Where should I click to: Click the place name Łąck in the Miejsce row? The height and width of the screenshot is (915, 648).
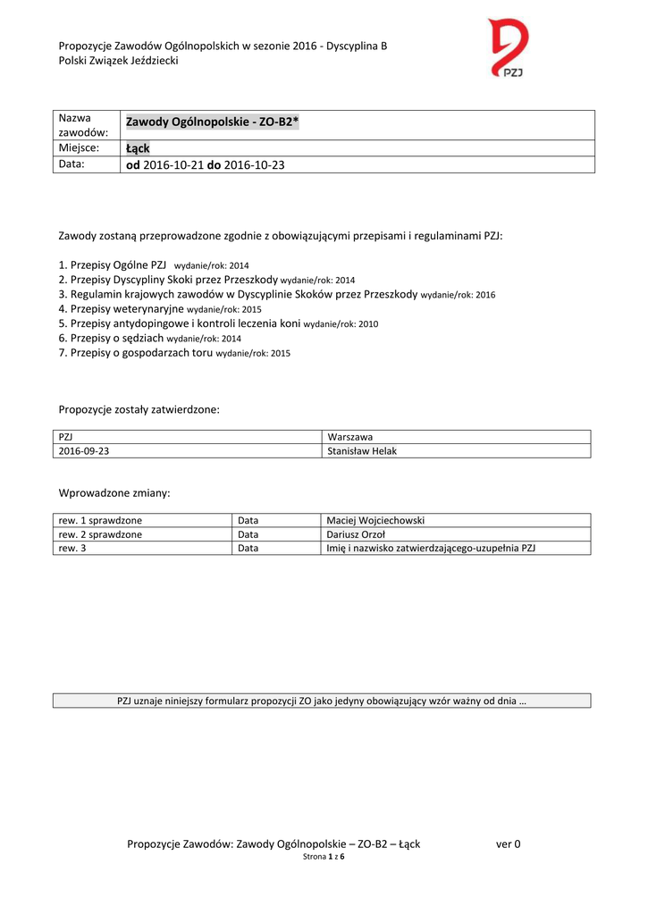(138, 148)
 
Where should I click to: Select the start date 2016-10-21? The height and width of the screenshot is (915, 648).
(173, 165)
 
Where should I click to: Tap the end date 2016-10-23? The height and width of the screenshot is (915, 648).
(254, 165)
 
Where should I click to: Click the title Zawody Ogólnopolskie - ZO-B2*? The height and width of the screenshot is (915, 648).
(212, 122)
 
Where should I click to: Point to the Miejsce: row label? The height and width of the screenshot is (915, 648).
(79, 147)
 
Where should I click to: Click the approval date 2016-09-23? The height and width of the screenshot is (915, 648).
(84, 451)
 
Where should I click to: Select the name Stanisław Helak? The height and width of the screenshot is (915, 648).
(362, 451)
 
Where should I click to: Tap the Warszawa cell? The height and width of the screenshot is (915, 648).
(350, 437)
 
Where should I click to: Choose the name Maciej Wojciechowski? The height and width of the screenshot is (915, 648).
(376, 520)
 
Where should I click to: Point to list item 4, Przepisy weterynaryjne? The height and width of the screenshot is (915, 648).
(121, 308)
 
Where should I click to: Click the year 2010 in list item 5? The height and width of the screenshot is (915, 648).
(368, 323)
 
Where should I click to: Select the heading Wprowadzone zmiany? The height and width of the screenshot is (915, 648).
(114, 493)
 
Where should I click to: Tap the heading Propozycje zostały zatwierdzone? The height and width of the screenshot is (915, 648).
(139, 410)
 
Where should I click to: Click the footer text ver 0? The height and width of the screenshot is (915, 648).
(508, 844)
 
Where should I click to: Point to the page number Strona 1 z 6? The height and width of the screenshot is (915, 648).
(324, 857)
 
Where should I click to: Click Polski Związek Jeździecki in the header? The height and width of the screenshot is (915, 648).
(119, 61)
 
